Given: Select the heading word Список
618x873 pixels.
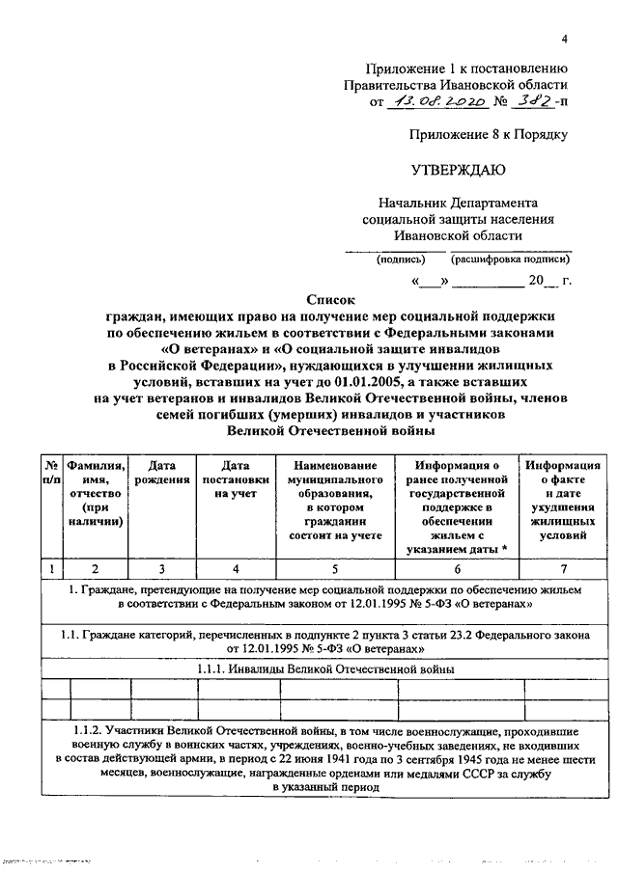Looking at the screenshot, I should [331, 300].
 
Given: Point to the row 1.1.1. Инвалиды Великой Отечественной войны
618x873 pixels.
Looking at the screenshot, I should [325, 668].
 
